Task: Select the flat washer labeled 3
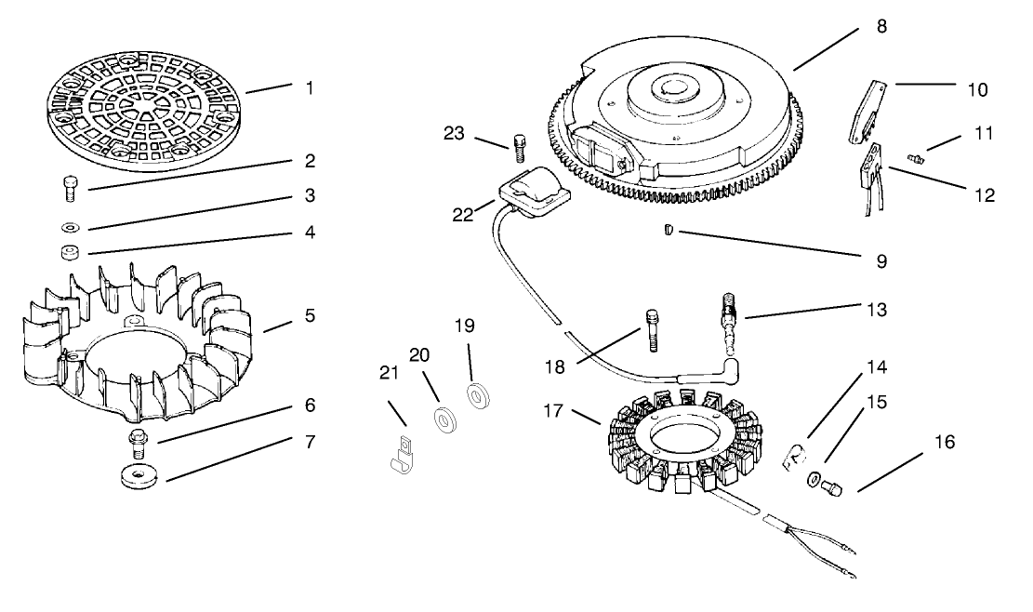pos(69,226)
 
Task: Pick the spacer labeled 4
pos(69,252)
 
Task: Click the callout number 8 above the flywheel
pos(881,27)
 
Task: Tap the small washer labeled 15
pos(814,479)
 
